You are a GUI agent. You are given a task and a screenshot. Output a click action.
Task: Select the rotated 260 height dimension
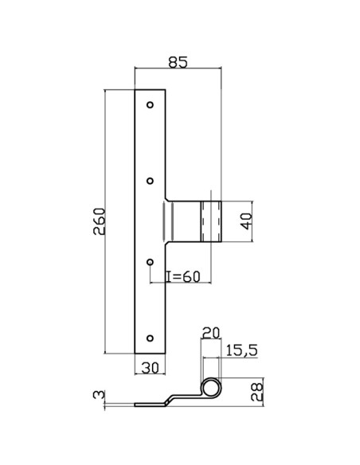(98, 221)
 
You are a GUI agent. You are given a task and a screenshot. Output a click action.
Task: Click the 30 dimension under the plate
(151, 368)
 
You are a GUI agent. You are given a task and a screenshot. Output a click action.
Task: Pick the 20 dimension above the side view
(210, 332)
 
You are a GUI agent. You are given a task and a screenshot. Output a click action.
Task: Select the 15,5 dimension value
(241, 348)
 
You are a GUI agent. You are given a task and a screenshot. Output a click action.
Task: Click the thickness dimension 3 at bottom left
(97, 395)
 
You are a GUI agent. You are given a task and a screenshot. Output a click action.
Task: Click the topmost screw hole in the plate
(151, 104)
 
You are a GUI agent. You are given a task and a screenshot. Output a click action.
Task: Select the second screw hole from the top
(151, 181)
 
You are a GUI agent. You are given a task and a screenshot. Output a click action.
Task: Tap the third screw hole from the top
(151, 260)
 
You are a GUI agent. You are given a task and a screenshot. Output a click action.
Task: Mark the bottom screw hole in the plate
(151, 338)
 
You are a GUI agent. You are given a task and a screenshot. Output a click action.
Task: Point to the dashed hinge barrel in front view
(210, 222)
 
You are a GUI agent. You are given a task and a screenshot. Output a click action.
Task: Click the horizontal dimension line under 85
(178, 69)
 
